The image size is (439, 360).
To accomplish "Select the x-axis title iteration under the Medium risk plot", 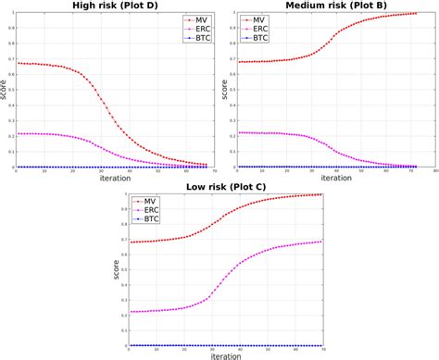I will pyautogui.click(x=330, y=177).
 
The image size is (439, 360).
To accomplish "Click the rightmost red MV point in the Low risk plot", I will pyautogui.click(x=321, y=195).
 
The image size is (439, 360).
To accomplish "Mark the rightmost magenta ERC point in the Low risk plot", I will pyautogui.click(x=321, y=242).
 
